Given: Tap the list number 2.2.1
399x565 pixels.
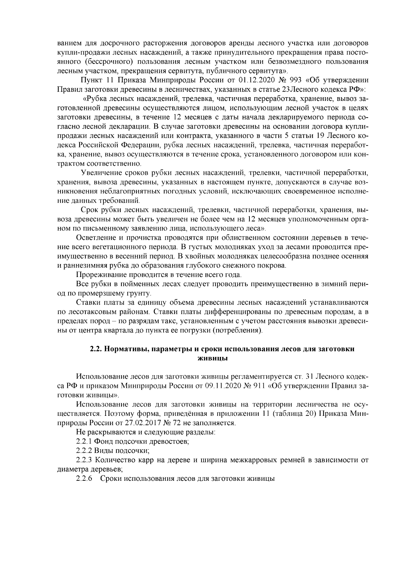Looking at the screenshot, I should click(84, 442).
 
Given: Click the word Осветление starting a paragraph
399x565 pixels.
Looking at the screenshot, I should click(94, 238).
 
